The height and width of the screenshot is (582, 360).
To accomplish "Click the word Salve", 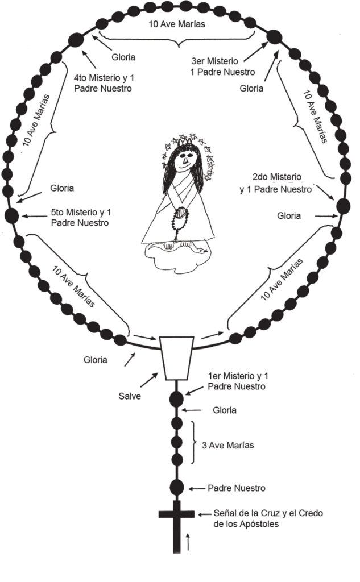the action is [x=130, y=396].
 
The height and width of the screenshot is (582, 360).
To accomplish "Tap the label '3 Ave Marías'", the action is [x=227, y=445].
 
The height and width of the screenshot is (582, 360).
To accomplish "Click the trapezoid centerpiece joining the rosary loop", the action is [x=176, y=358].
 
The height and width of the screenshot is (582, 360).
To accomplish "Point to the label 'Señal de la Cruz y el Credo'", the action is [x=268, y=513].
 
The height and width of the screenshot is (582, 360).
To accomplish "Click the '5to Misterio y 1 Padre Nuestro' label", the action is [x=81, y=218].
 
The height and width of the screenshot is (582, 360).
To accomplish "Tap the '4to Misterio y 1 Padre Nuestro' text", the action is [x=104, y=83].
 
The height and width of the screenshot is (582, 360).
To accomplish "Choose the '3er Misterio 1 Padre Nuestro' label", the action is [x=222, y=66].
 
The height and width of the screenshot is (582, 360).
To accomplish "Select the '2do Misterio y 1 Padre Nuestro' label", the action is [x=276, y=184].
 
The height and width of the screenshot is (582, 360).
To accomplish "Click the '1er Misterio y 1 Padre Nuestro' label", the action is [x=238, y=381].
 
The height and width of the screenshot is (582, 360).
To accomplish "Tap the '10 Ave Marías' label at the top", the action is [x=177, y=24].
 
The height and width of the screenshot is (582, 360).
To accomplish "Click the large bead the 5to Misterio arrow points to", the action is [x=11, y=215].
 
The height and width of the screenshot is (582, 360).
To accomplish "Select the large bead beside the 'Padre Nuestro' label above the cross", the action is [x=176, y=488].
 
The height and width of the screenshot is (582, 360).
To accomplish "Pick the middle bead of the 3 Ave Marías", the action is [x=177, y=442].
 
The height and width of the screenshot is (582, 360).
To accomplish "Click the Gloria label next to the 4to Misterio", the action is [x=123, y=57].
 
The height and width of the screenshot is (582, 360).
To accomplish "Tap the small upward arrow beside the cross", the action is [x=188, y=542].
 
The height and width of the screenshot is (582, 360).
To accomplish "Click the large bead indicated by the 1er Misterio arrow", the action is [x=176, y=398].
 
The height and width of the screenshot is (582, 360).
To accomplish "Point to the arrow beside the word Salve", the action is [x=149, y=380].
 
